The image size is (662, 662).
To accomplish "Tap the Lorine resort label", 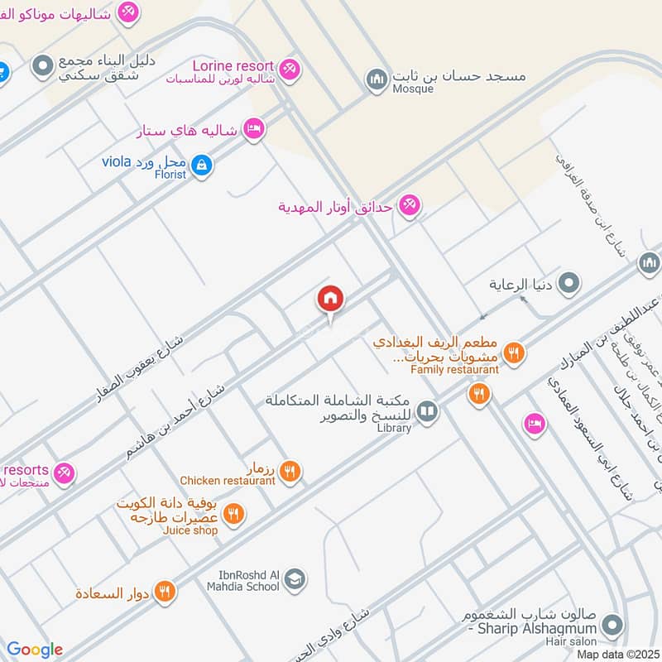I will point(233,65).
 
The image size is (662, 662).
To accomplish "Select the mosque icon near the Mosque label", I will point(377,79).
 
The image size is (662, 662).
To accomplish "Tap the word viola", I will point(117,161).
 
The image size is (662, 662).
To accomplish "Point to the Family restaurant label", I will point(455,370).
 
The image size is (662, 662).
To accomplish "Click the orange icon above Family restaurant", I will point(514,353).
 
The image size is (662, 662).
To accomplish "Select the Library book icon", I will point(427,410).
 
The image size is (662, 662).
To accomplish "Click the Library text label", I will point(393,428).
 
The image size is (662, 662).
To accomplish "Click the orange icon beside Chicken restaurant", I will point(290,472).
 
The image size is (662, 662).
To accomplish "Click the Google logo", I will point(36,650).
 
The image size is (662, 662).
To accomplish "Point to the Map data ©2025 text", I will point(617,654).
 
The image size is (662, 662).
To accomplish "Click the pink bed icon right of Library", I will point(535,424).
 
